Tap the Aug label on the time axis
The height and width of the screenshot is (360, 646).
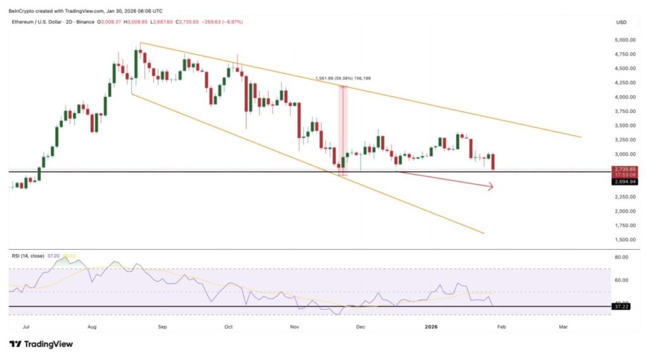click(x=91, y=327)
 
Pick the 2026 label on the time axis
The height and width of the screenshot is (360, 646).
click(x=431, y=327)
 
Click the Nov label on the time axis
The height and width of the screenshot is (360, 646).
click(x=294, y=327)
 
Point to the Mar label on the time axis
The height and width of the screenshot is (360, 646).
click(x=563, y=327)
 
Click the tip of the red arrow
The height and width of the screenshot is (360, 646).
click(x=493, y=186)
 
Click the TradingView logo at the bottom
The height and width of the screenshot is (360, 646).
click(x=41, y=344)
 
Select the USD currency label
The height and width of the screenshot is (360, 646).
click(x=621, y=22)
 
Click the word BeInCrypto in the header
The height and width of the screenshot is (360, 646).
click(x=22, y=11)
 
